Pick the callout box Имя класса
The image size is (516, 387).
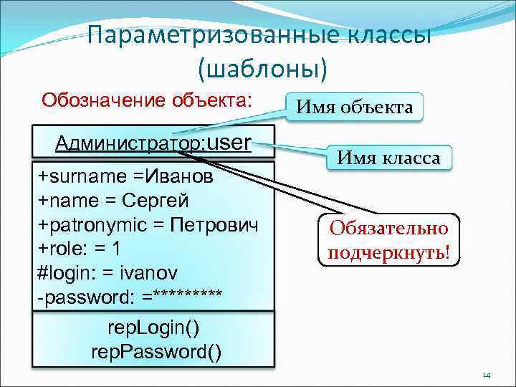(390, 157)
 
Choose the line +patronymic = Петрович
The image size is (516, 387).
(148, 224)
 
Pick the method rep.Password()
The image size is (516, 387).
(156, 352)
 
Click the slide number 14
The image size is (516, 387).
(486, 375)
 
